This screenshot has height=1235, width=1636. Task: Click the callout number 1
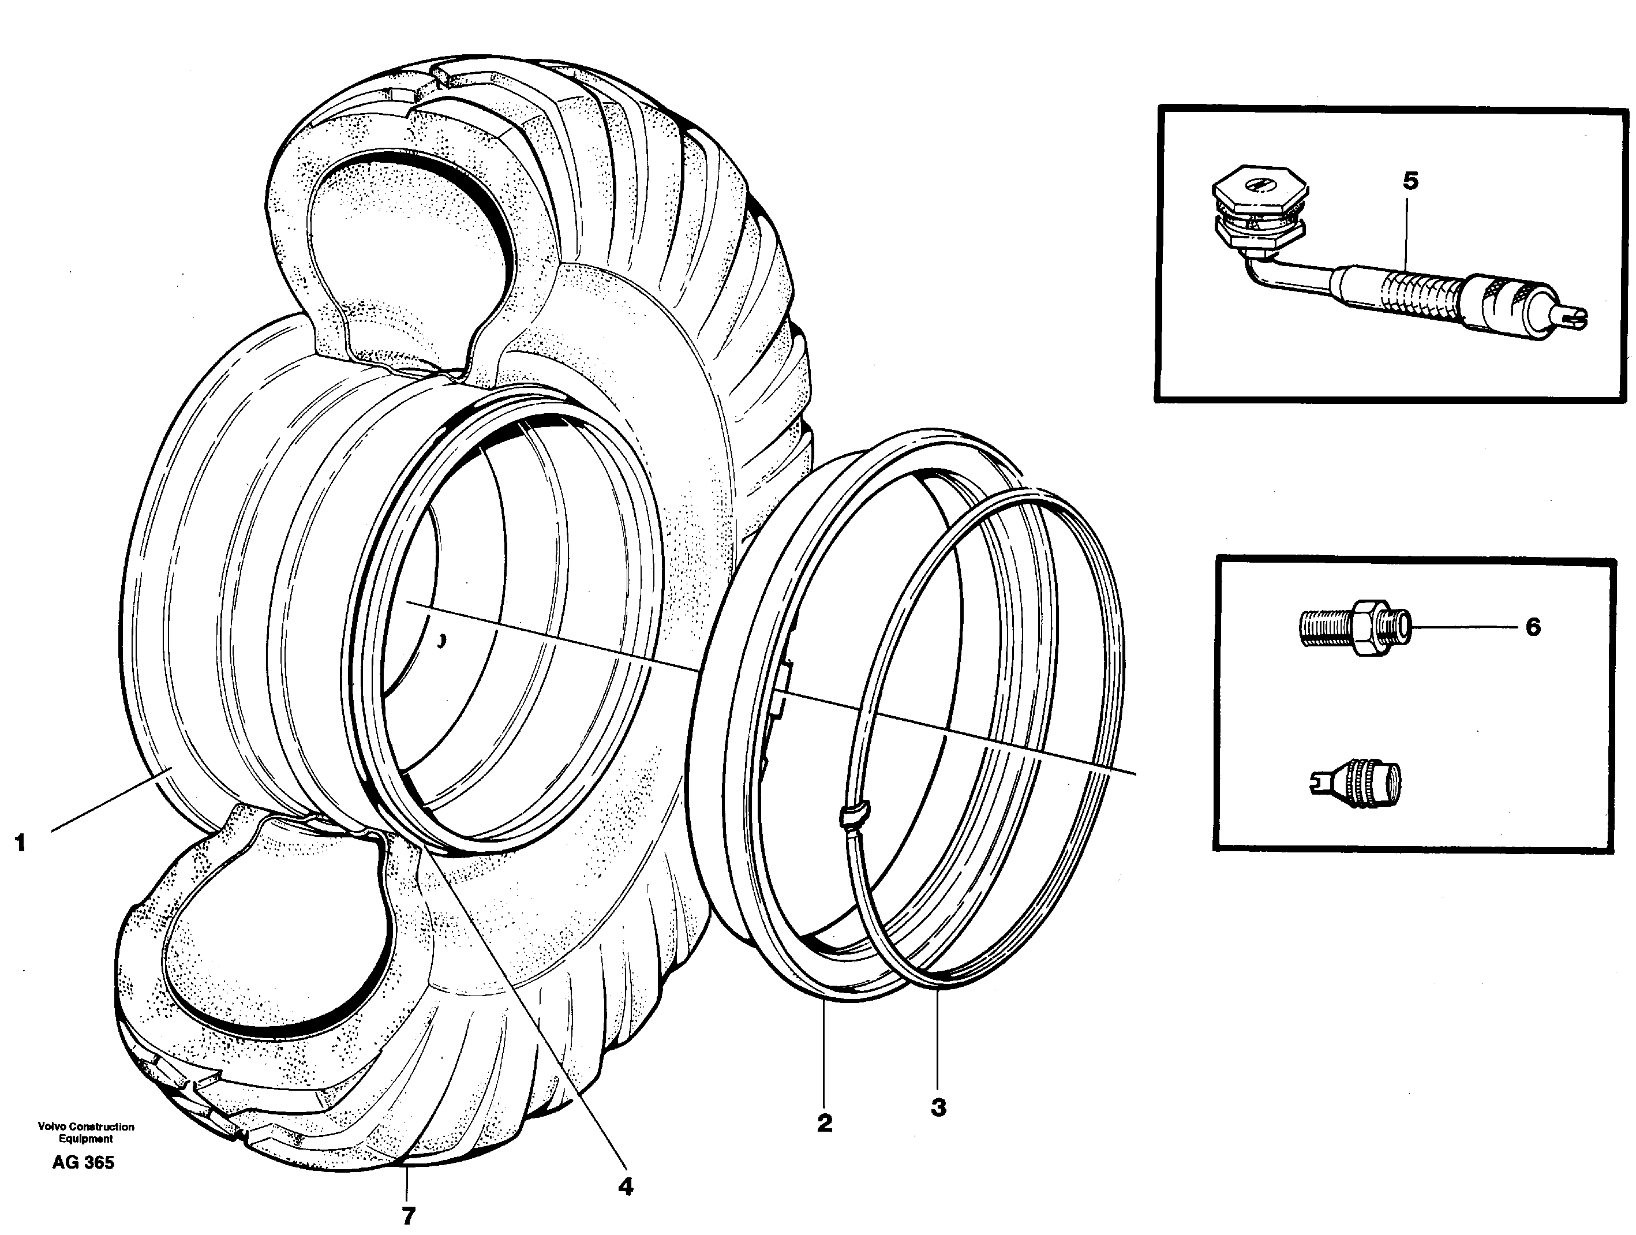pos(20,843)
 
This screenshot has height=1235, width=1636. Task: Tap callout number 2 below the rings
pos(825,1124)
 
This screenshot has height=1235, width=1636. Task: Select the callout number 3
pos(938,1108)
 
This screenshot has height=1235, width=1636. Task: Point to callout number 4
pos(626,1187)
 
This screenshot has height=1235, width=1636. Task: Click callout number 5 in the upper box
pos(1410,181)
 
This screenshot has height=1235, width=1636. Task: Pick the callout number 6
pos(1533,627)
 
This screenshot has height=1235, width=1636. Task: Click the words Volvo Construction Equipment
pos(86,1133)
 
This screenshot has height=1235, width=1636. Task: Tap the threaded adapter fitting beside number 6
pos(1353,628)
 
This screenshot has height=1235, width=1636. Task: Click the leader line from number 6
pos(1465,627)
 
